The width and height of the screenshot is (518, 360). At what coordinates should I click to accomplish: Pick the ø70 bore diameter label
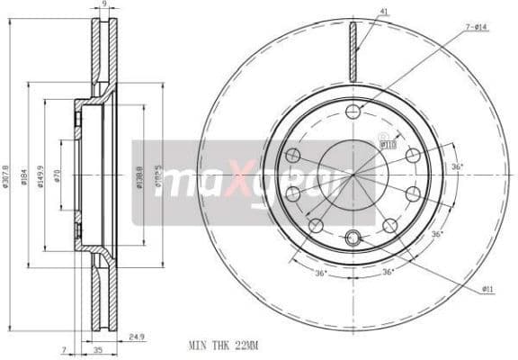(x=57, y=175)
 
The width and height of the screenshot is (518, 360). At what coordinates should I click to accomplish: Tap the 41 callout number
(x=384, y=13)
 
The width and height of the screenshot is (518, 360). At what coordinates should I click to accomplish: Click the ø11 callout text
(x=488, y=289)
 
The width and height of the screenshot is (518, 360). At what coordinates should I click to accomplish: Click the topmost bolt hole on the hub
(x=353, y=112)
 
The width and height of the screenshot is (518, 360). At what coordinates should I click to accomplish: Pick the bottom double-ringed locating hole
(x=353, y=238)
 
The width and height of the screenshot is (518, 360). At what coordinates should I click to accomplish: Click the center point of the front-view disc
(x=353, y=175)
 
